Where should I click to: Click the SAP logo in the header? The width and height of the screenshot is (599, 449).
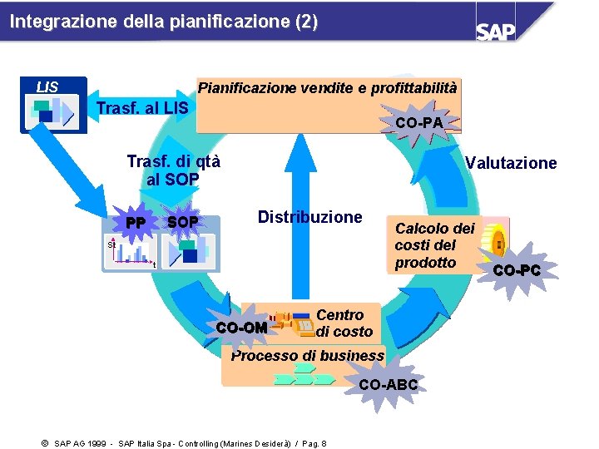(x=496, y=31)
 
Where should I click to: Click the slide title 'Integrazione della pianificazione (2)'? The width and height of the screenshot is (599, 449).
(x=164, y=22)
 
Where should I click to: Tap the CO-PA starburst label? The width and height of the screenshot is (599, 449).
(x=419, y=123)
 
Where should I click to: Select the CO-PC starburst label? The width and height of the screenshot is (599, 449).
(x=516, y=270)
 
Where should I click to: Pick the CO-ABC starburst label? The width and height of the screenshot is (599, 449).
(x=388, y=385)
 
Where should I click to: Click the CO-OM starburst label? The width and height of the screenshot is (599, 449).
(x=241, y=328)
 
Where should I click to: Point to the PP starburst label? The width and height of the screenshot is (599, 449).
(x=135, y=223)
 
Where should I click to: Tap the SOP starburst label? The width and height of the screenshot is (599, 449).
(x=182, y=223)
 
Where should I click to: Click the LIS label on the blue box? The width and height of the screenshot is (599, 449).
(x=47, y=86)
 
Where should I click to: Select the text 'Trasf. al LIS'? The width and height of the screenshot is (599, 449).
(x=142, y=109)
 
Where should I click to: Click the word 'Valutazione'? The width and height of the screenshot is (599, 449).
(x=510, y=163)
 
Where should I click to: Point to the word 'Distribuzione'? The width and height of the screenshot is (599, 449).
(x=309, y=218)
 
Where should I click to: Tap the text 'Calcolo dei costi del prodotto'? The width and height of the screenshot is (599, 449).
(x=434, y=245)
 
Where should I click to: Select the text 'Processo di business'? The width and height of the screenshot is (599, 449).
(x=307, y=356)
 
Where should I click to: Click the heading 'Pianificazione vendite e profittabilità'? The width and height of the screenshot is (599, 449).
(x=327, y=87)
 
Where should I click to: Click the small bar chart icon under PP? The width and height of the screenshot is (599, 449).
(x=131, y=252)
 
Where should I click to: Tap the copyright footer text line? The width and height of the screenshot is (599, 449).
(x=183, y=443)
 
